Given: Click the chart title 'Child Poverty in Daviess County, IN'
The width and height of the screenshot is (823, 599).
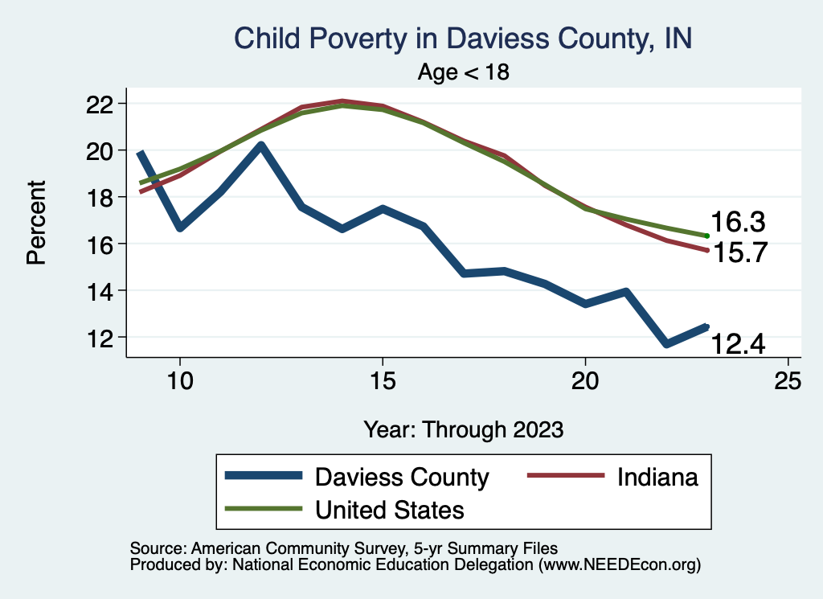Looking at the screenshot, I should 462,39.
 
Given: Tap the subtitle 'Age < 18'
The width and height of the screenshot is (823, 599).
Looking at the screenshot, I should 464,72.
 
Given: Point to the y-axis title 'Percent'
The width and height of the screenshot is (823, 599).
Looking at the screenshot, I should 35,222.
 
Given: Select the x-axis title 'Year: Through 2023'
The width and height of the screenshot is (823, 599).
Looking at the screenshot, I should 463,429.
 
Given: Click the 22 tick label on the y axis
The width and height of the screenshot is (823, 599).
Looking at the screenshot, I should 105,104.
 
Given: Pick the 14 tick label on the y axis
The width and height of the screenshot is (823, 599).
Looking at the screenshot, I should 105,290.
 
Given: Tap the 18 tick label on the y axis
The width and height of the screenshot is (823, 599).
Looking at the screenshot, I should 105,197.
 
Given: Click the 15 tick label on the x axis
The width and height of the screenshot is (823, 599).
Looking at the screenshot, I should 383,380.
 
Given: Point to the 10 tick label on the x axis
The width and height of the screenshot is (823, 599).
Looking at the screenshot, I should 179,380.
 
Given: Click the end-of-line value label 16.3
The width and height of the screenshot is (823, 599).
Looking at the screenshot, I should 737,223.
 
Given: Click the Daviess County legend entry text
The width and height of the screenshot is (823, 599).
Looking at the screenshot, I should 402,477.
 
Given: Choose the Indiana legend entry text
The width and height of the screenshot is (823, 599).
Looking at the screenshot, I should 658,477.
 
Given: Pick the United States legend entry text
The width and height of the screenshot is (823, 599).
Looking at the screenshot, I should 390,509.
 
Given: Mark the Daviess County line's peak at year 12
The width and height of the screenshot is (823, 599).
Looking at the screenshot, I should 260,146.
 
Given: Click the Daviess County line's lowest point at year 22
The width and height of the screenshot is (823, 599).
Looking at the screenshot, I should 666,343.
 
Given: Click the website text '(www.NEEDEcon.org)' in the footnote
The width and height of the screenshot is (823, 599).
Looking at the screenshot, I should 620,565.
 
